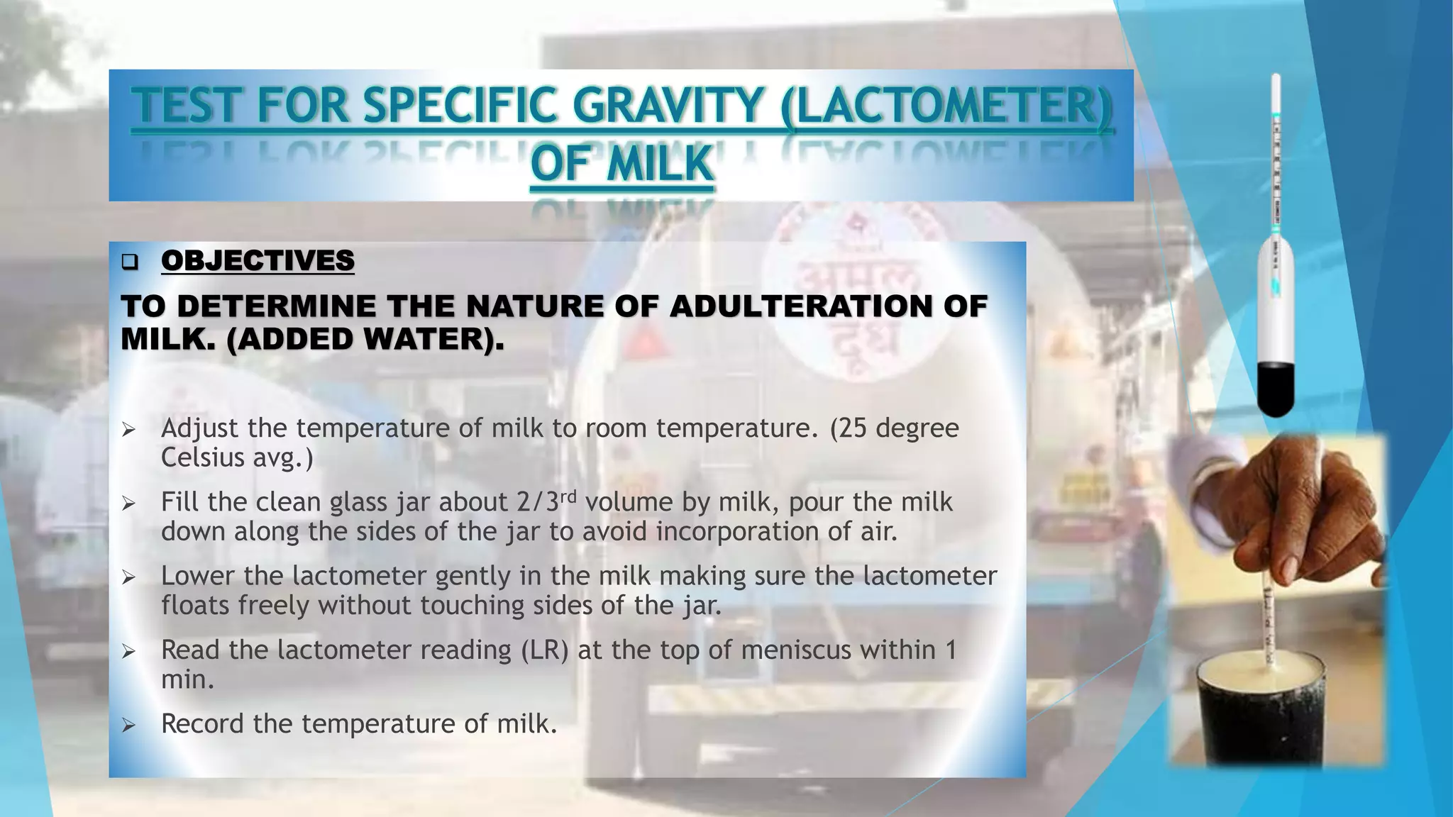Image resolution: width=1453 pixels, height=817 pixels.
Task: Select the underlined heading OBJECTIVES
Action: pos(258,260)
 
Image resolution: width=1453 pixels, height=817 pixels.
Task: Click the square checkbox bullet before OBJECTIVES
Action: pos(129,262)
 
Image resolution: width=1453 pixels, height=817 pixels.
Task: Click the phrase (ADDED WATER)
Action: pos(365,340)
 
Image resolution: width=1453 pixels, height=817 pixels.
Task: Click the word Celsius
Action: pos(199,457)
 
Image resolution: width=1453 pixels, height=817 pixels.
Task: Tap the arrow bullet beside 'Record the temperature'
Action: pos(128,725)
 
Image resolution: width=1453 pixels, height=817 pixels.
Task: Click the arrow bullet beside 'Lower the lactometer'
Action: pos(128,577)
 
